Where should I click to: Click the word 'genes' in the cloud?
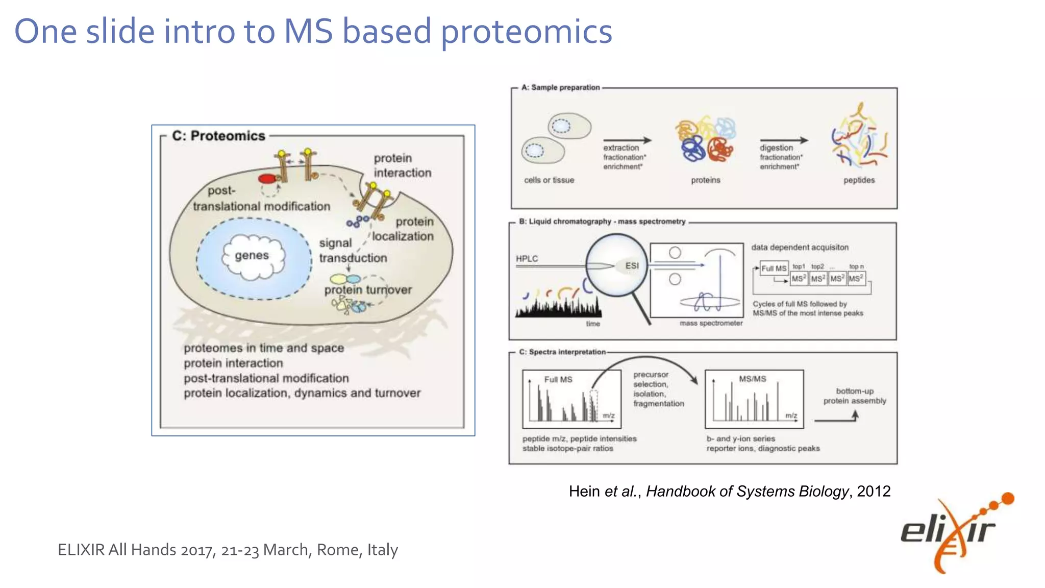252,255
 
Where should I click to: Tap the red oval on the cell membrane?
267,179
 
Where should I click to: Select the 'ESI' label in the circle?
632,265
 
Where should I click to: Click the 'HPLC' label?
527,259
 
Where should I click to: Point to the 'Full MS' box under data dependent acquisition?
774,268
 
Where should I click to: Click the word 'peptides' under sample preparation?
859,180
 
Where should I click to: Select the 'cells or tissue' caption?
549,180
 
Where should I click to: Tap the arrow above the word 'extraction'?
627,140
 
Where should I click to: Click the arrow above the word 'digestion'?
784,140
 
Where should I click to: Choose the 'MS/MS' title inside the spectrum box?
753,379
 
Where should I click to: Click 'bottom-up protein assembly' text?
855,396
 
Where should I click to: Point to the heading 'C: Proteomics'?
218,136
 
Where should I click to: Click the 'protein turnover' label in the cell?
368,290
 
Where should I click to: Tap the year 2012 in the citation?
874,491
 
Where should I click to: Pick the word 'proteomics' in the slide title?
526,32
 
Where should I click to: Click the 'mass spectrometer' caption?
711,323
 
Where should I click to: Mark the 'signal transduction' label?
352,251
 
